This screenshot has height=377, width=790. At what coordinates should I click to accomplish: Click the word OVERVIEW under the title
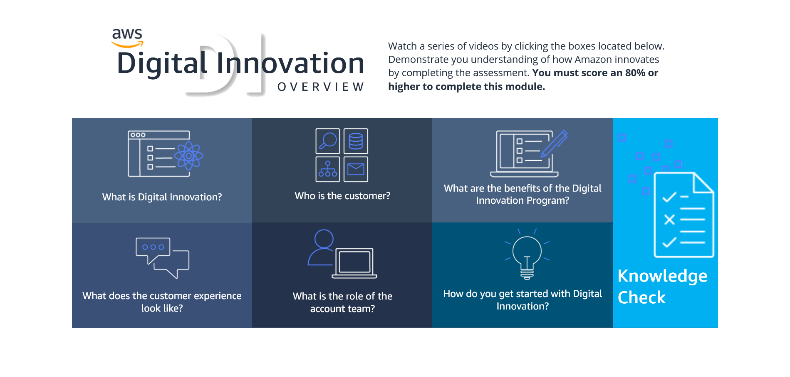(x=321, y=87)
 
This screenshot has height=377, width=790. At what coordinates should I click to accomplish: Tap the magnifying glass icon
(x=328, y=141)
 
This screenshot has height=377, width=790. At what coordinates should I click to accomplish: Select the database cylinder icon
(x=356, y=141)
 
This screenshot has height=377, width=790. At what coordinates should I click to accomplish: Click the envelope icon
(x=356, y=169)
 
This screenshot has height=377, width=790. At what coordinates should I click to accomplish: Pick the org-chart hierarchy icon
(x=328, y=169)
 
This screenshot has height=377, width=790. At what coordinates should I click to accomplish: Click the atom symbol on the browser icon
(x=188, y=156)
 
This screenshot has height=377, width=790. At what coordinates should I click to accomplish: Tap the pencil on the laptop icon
(x=555, y=143)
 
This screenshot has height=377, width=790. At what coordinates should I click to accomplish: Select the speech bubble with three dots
(x=153, y=250)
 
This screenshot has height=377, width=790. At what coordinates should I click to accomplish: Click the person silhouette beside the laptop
(x=321, y=247)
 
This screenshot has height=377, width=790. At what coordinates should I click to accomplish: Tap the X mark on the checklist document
(x=669, y=220)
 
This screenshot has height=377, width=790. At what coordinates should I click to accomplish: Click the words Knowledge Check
(x=662, y=287)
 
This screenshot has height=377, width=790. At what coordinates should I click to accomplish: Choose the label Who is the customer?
(x=342, y=196)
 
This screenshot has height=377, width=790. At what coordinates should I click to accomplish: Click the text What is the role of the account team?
(x=342, y=302)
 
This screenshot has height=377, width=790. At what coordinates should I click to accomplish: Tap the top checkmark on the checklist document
(x=669, y=197)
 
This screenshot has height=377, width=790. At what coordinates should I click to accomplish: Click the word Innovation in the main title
(x=290, y=63)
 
